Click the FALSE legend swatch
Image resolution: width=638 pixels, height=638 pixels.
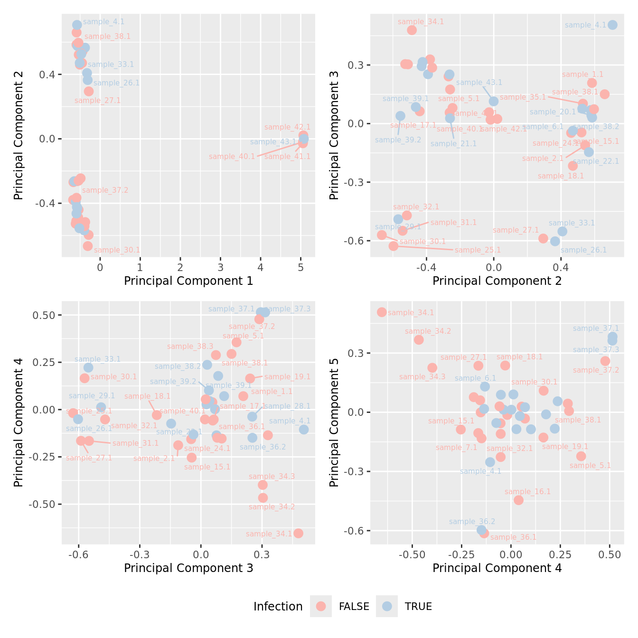tap(321, 606)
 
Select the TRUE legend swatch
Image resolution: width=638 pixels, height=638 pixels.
tap(387, 606)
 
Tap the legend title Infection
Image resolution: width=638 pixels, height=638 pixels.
tap(278, 607)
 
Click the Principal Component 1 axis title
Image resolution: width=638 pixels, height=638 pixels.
tap(188, 281)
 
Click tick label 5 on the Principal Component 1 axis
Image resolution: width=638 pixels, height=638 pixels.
tap(300, 268)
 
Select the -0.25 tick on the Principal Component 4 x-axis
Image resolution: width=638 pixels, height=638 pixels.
tap(461, 554)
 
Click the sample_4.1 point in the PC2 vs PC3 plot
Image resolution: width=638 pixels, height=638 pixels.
tap(612, 25)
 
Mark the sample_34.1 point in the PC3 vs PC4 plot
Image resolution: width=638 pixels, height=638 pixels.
tap(298, 533)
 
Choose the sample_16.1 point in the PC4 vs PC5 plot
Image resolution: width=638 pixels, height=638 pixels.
tap(518, 500)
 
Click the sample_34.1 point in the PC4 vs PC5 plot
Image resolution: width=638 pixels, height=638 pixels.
tap(382, 312)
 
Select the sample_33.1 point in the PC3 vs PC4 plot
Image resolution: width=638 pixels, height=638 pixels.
tap(88, 367)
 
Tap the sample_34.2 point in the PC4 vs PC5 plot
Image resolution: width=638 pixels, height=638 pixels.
tap(419, 340)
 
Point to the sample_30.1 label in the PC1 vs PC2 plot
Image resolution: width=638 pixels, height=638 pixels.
tap(117, 250)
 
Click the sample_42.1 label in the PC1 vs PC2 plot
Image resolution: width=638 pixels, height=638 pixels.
tap(287, 127)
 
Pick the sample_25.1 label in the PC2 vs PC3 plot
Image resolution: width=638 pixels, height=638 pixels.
tap(478, 250)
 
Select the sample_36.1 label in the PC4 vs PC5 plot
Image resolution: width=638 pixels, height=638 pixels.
tap(513, 537)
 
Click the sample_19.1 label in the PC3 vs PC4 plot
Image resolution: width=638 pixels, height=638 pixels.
tap(287, 377)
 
